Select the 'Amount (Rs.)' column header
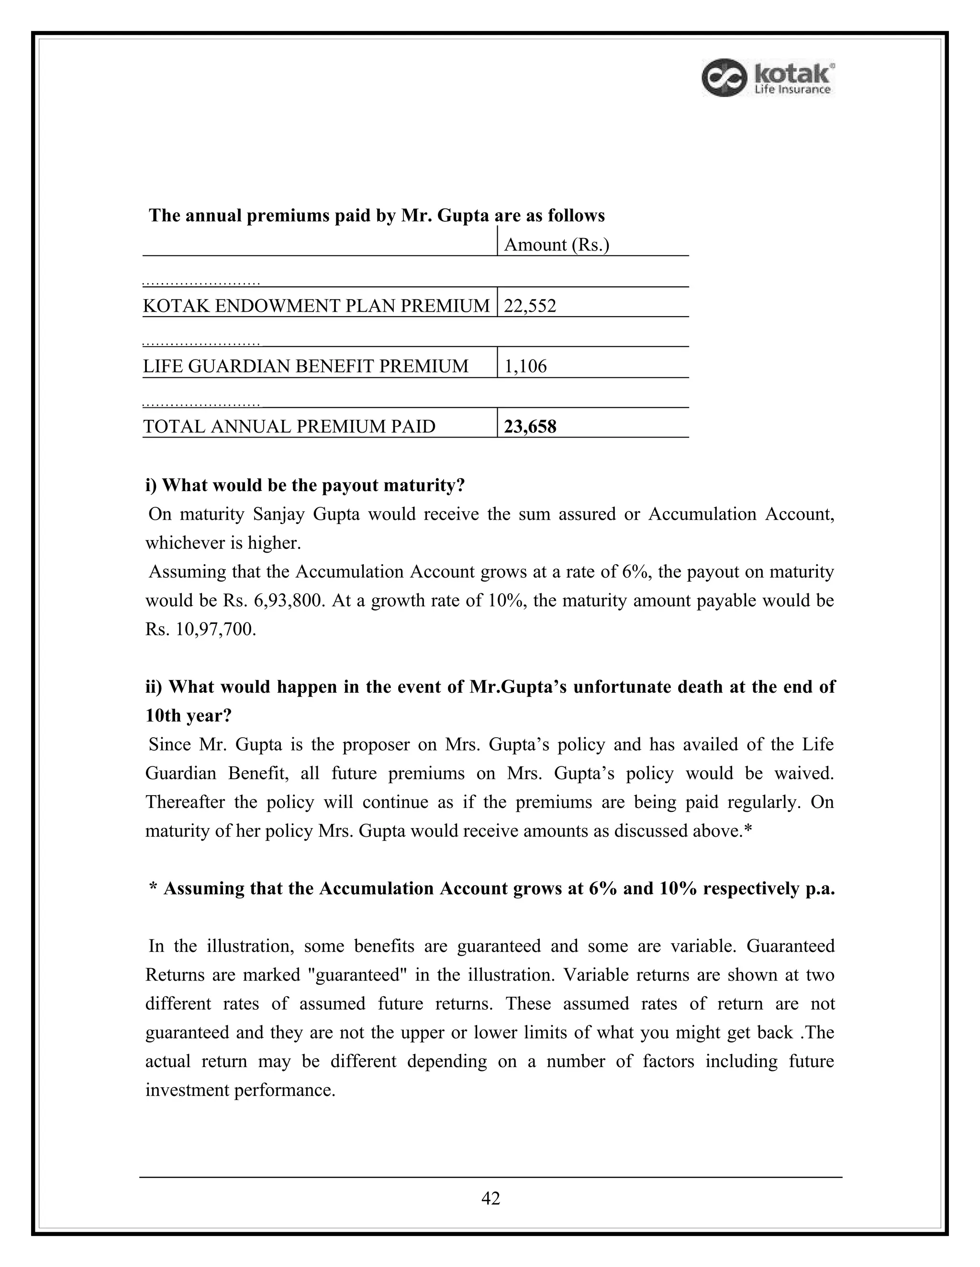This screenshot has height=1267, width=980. [x=556, y=245]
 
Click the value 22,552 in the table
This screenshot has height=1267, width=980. [x=530, y=306]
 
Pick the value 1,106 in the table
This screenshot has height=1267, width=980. [x=525, y=366]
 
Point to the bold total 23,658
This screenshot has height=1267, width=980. [x=530, y=427]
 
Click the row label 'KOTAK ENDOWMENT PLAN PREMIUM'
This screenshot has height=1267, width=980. [x=316, y=306]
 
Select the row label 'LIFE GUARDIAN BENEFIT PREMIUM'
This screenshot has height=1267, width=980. [x=305, y=366]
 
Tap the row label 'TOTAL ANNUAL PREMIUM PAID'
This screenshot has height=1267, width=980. [x=289, y=427]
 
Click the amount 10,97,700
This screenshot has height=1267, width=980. [x=215, y=630]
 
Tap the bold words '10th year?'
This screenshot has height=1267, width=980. [x=188, y=715]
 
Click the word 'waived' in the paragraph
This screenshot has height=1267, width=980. [x=803, y=773]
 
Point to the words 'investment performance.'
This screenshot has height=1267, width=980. [x=240, y=1090]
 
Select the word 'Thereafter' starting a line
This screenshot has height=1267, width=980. [x=184, y=802]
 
